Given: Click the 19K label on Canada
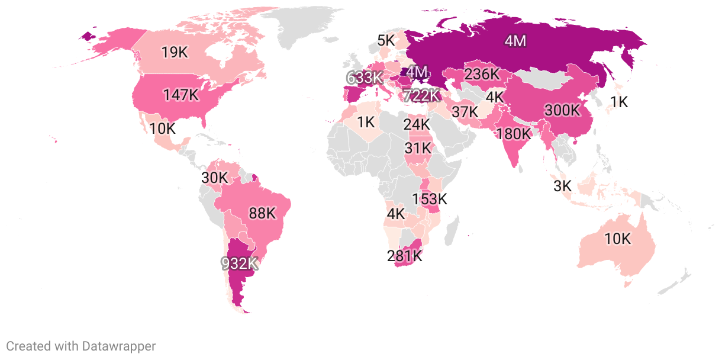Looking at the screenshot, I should [x=175, y=53].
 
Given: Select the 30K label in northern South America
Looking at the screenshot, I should [x=214, y=178].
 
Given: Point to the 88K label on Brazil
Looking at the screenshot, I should [x=262, y=213].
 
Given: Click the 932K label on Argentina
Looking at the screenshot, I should [x=240, y=263].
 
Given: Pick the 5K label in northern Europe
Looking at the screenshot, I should [x=386, y=40].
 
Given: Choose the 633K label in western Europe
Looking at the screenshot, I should [x=365, y=78].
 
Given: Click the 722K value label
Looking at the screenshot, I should [x=421, y=95].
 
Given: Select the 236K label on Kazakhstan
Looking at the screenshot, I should [x=482, y=75].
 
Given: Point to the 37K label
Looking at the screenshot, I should [x=465, y=111].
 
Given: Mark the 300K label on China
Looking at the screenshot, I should [x=563, y=110].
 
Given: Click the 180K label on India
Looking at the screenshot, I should [x=514, y=133].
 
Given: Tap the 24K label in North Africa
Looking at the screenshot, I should [x=417, y=124].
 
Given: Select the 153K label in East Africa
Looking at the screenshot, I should [x=430, y=199].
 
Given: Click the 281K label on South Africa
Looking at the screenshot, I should [x=405, y=256].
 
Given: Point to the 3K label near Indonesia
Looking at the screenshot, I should [x=562, y=186].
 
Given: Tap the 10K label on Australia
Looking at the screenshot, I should [x=618, y=239].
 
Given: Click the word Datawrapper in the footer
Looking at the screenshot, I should [x=119, y=346].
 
